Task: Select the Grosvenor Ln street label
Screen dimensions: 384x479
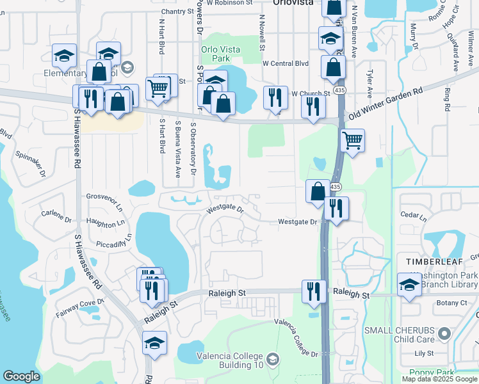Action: point(104,202)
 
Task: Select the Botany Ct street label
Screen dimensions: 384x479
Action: point(451,303)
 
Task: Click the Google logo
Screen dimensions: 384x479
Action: point(21,376)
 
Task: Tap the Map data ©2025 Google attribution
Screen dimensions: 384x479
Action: point(440,379)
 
